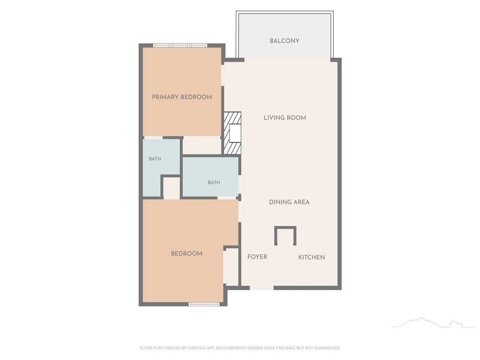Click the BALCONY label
(x=285, y=41)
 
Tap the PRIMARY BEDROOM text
(x=182, y=97)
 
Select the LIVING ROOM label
(x=285, y=118)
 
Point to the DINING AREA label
(x=289, y=202)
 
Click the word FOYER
(x=257, y=257)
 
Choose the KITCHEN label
(x=312, y=257)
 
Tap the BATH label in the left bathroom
(x=155, y=159)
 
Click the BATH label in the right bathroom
(x=214, y=182)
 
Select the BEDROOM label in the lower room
(x=187, y=254)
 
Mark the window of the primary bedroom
(x=180, y=45)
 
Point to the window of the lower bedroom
(x=204, y=304)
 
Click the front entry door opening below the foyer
(x=262, y=288)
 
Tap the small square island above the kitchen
(x=285, y=236)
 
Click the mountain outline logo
(x=432, y=322)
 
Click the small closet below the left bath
(x=171, y=187)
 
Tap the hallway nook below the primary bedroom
(x=202, y=146)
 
